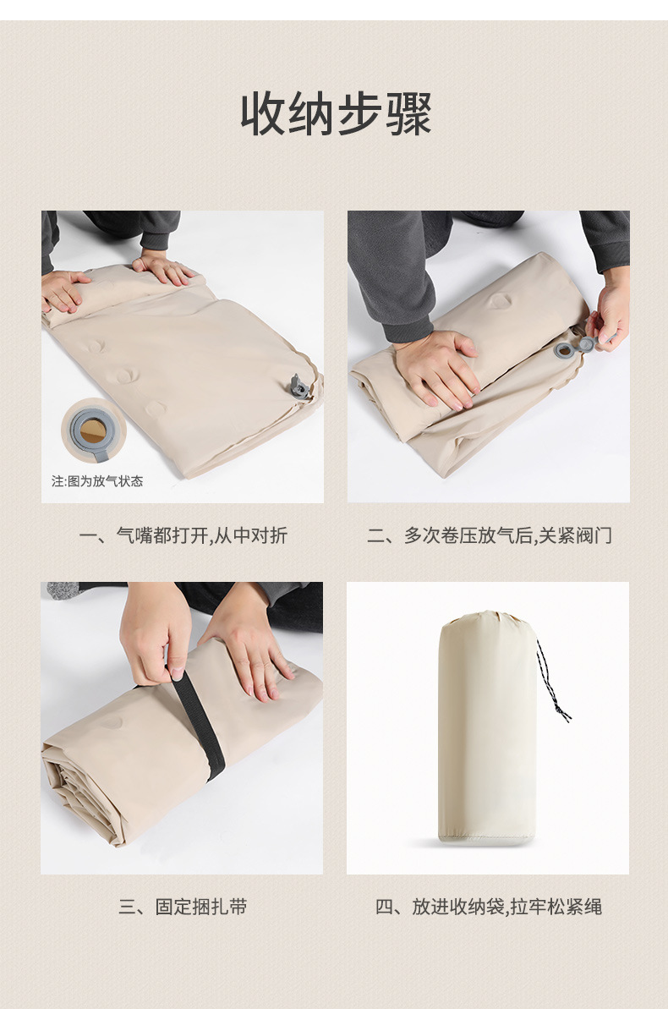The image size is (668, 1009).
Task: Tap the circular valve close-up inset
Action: [93, 430]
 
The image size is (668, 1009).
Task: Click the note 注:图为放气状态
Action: [97, 481]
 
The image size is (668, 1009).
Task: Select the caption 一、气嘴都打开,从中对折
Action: [183, 535]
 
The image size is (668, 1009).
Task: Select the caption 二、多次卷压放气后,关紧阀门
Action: [489, 535]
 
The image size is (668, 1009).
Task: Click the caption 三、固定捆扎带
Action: [183, 908]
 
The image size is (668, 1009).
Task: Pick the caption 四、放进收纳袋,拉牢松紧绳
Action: [489, 908]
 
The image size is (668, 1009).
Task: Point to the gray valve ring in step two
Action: [564, 348]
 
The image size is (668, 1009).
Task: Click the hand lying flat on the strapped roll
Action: [249, 651]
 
